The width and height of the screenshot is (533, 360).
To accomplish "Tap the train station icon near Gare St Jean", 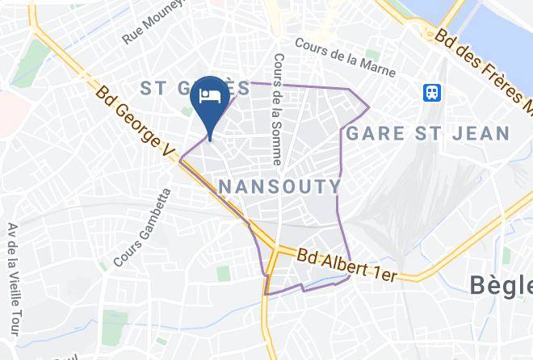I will tap(432, 92).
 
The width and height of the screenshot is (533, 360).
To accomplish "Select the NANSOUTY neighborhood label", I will tap(279, 187).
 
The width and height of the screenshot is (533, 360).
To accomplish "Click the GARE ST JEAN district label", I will tap(428, 133).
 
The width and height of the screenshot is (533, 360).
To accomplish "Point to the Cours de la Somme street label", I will tap(277, 109).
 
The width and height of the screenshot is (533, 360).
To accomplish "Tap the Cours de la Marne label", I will tap(346, 58).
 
